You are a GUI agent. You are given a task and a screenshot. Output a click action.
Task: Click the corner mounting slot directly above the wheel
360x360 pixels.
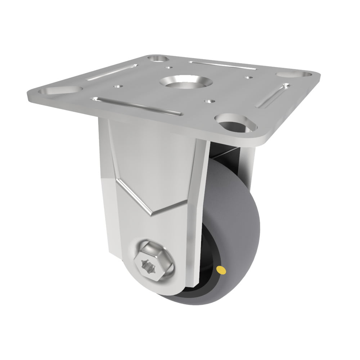pyautogui.click(x=236, y=122)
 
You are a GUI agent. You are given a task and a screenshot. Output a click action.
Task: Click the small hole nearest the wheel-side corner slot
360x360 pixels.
pyautogui.click(x=208, y=102)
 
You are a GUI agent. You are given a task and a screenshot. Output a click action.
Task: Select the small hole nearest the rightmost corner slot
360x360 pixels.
pyautogui.click(x=248, y=77)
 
